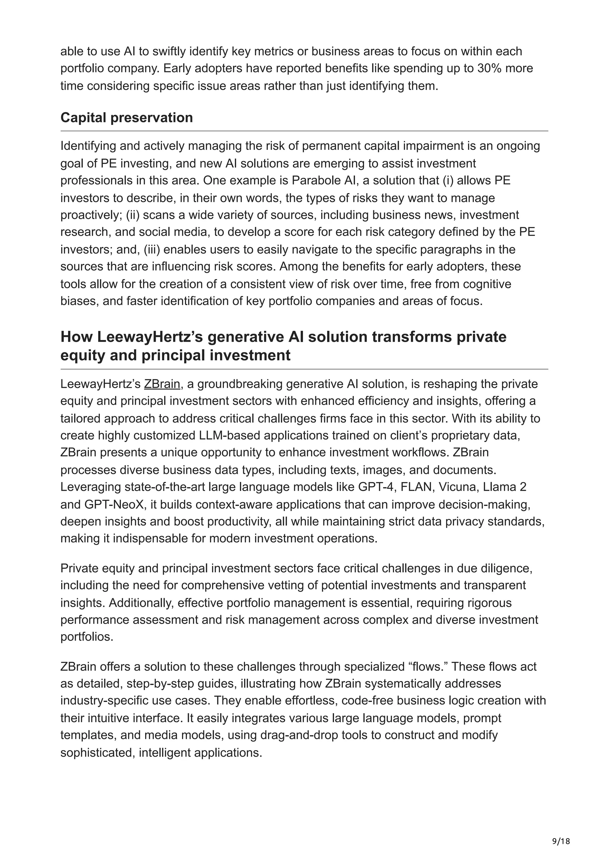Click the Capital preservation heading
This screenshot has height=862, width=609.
(126, 117)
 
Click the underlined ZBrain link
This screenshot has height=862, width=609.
(162, 384)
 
